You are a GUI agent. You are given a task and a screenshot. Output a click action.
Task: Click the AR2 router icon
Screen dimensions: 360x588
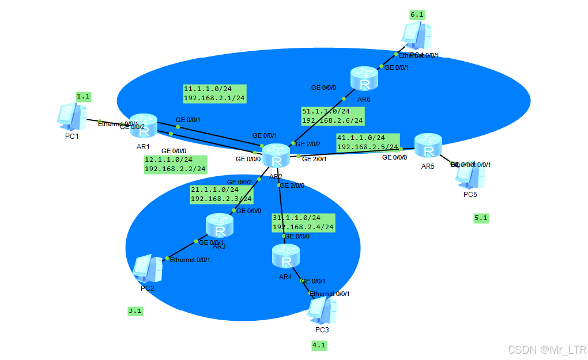pos(277,155)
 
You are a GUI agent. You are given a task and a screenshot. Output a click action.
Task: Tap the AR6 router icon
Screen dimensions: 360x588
pos(364,79)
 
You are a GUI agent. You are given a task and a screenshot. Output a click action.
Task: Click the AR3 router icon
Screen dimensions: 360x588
pos(219,225)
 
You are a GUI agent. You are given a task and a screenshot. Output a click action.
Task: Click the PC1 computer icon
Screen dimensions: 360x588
pos(72,115)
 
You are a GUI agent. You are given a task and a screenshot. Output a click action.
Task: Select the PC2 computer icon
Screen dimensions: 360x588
pos(148,268)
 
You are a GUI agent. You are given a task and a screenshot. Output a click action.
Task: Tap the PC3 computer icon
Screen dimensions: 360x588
pos(322,311)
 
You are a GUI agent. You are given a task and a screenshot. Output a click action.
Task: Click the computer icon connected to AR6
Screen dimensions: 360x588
pos(417,36)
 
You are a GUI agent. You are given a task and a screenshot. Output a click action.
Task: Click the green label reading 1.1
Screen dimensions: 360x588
pos(84,97)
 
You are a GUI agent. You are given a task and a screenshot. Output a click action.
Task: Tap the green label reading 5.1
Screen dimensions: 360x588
pos(481,218)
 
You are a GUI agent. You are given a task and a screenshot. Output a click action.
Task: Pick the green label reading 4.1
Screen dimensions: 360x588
pos(319,346)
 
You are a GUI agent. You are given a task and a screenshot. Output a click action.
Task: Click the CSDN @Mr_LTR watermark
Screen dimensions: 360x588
pos(546,349)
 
